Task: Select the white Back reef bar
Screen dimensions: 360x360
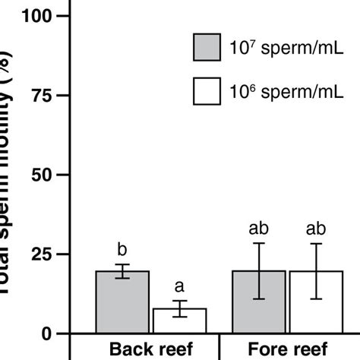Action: (180, 321)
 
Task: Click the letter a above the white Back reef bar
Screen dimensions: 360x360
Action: (180, 286)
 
